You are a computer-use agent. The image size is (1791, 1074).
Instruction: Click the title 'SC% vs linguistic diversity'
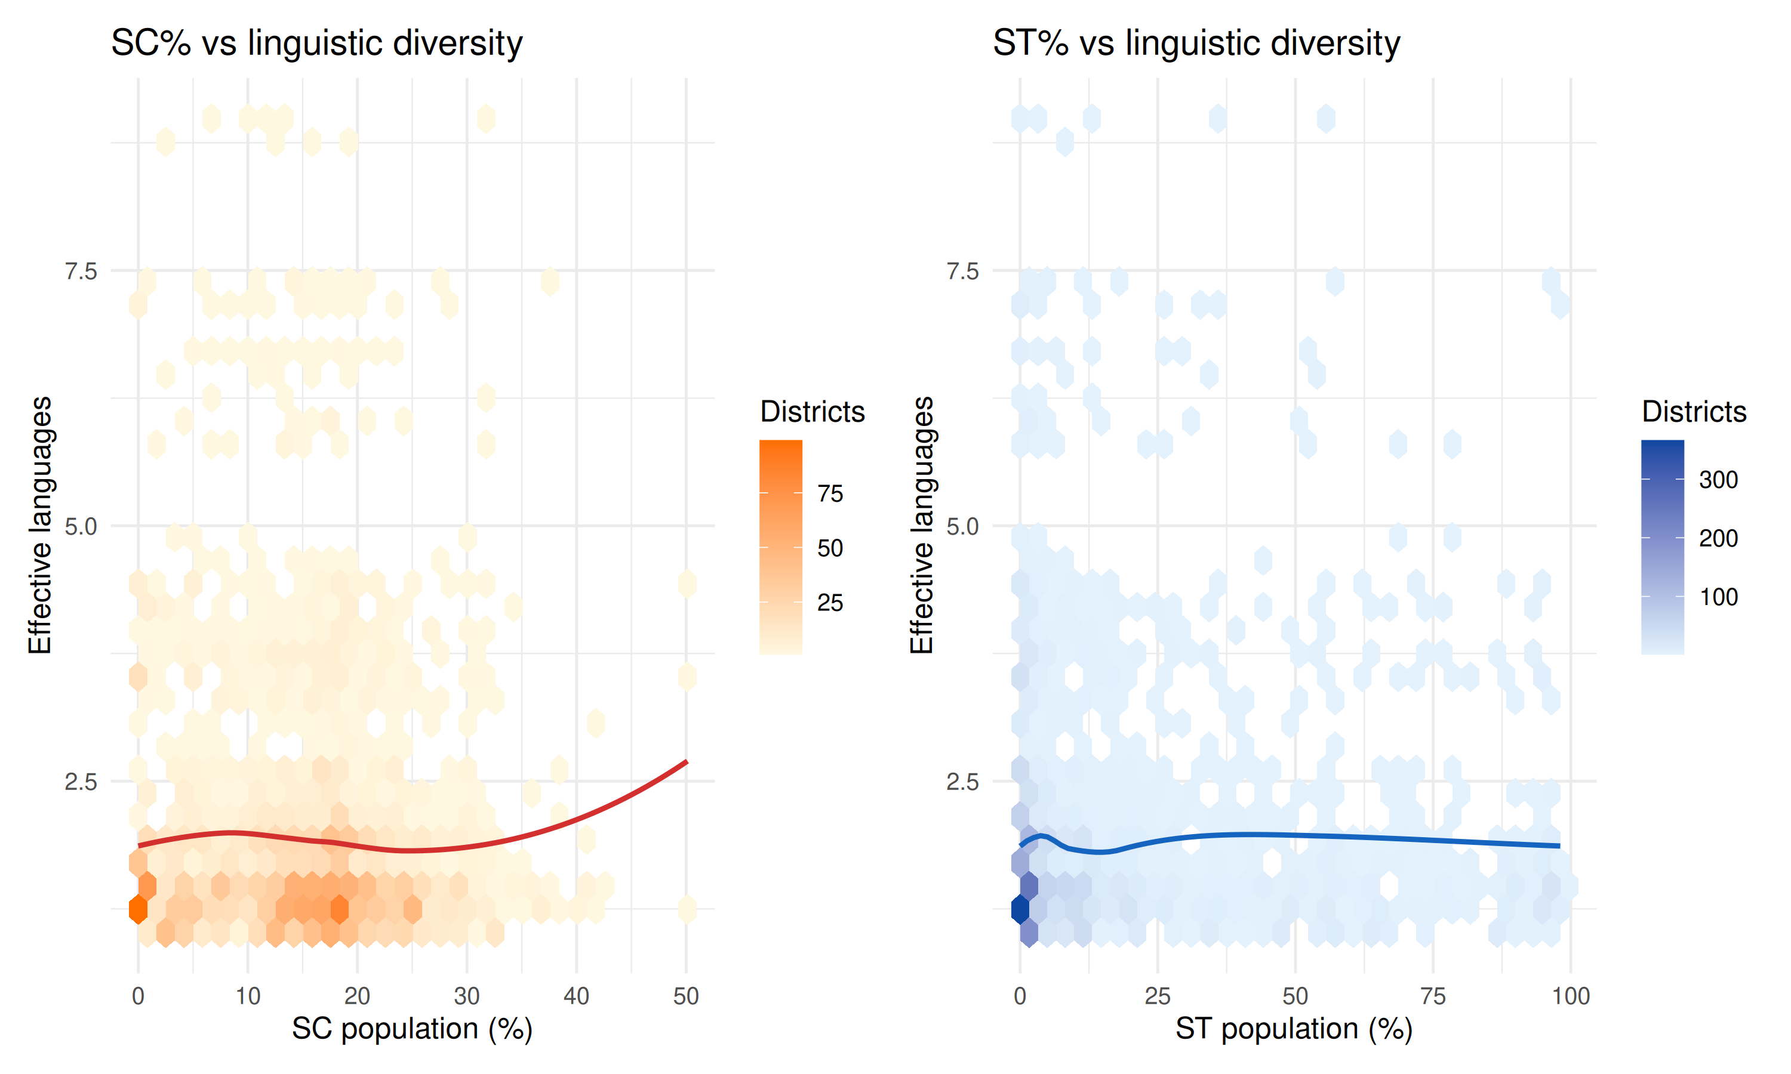pyautogui.click(x=316, y=43)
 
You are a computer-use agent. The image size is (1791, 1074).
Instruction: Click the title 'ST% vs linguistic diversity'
pyautogui.click(x=1196, y=43)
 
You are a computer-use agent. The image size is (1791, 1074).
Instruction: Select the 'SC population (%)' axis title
pyautogui.click(x=412, y=1029)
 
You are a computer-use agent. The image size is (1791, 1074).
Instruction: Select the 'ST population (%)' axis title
pyautogui.click(x=1294, y=1029)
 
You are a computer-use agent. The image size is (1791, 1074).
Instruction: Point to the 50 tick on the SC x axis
pyautogui.click(x=685, y=996)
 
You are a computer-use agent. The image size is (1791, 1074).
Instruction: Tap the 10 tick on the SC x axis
pyautogui.click(x=248, y=996)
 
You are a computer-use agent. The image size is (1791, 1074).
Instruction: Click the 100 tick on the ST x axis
pyautogui.click(x=1570, y=996)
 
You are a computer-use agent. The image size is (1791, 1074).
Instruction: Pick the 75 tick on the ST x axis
pyautogui.click(x=1433, y=996)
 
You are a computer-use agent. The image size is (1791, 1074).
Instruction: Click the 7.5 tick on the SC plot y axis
pyautogui.click(x=81, y=271)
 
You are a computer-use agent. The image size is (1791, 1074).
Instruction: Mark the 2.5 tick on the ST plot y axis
pyautogui.click(x=962, y=782)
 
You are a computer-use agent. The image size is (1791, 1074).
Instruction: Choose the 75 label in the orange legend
pyautogui.click(x=830, y=493)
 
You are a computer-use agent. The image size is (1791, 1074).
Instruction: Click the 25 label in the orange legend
pyautogui.click(x=830, y=602)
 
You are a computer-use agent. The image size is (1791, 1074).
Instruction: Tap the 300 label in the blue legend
pyautogui.click(x=1718, y=480)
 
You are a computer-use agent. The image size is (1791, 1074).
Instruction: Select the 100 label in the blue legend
pyautogui.click(x=1718, y=597)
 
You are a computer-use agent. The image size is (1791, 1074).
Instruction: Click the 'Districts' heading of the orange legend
pyautogui.click(x=813, y=411)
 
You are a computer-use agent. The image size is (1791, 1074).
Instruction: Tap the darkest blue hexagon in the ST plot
pyautogui.click(x=1020, y=909)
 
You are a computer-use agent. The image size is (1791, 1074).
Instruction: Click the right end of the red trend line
pyautogui.click(x=685, y=762)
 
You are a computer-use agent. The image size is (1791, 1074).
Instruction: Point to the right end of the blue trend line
pyautogui.click(x=1559, y=845)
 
